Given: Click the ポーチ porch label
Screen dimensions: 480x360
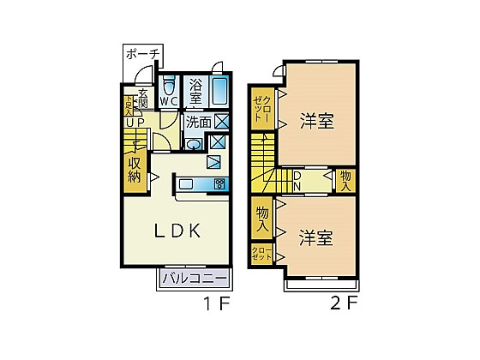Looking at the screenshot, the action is (143, 55).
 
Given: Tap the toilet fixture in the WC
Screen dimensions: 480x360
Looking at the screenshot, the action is (169, 86).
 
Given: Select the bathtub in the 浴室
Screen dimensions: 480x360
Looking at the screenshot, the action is (219, 91).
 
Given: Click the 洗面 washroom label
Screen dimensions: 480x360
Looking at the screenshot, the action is (198, 122).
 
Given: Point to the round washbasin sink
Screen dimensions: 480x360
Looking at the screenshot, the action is (193, 144).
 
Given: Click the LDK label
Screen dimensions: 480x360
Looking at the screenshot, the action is (177, 231).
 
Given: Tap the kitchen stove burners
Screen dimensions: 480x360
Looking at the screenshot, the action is (219, 184).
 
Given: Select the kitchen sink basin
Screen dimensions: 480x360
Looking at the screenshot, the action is (186, 184).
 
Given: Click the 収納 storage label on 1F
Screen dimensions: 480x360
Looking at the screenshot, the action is (135, 170).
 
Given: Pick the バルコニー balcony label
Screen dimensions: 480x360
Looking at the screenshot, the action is (195, 279).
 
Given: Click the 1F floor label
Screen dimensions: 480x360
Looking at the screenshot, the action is (217, 303).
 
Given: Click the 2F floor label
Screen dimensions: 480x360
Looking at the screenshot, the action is (344, 303).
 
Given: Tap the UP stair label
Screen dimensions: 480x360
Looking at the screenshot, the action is (135, 123).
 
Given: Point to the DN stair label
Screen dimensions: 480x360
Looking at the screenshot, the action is (297, 181).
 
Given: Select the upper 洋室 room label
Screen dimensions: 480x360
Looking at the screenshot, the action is (317, 121).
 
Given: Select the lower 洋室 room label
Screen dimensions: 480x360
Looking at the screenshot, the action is (316, 238).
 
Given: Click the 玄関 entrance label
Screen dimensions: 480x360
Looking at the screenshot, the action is (143, 98).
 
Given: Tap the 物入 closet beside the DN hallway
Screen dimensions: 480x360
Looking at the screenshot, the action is (346, 181).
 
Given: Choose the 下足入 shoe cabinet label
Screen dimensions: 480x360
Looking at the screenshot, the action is (128, 106).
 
